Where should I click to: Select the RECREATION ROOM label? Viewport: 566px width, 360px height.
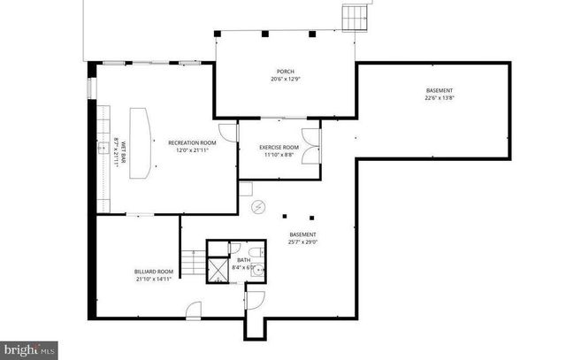point(192,142)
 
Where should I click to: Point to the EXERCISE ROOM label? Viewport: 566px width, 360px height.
point(279,147)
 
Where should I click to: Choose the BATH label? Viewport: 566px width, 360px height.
point(243,260)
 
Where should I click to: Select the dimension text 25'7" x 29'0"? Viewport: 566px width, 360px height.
point(302,241)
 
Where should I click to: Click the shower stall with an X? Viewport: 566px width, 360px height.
point(218,270)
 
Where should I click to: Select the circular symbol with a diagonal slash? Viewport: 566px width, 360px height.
point(259,207)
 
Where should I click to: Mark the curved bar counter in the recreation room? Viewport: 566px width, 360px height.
point(138,145)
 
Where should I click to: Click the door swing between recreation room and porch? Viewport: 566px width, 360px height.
point(228,133)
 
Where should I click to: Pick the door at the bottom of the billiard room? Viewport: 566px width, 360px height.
point(194,309)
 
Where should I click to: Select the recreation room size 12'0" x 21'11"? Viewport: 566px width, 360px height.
point(192,149)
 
